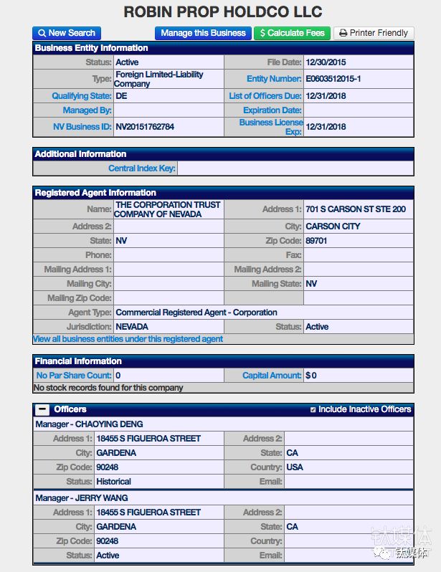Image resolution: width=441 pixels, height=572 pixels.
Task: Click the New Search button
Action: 66,33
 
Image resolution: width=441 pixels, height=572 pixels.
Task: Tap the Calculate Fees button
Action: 292,33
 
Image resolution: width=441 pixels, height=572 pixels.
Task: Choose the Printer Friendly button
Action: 374,33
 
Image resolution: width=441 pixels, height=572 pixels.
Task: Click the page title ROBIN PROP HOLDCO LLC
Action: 223,11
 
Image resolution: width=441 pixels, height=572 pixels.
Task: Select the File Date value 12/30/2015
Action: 326,62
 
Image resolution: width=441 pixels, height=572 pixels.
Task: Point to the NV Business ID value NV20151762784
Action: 145,127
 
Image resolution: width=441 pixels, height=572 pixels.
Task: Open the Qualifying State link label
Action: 81,96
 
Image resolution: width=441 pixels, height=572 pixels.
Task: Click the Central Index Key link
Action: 142,168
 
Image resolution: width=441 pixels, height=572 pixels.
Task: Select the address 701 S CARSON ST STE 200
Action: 355,209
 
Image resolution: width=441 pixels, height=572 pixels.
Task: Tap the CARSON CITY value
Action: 333,227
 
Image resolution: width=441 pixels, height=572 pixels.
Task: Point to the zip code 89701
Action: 316,241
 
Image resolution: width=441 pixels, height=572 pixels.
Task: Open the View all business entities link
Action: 128,339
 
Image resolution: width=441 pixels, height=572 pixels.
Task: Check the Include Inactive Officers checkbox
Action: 313,409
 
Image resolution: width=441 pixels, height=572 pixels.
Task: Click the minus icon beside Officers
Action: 42,409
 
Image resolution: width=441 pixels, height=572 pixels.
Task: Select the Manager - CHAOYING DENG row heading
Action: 89,424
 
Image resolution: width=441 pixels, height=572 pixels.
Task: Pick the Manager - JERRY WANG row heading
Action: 82,498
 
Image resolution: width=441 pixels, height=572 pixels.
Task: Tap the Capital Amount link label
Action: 272,376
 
